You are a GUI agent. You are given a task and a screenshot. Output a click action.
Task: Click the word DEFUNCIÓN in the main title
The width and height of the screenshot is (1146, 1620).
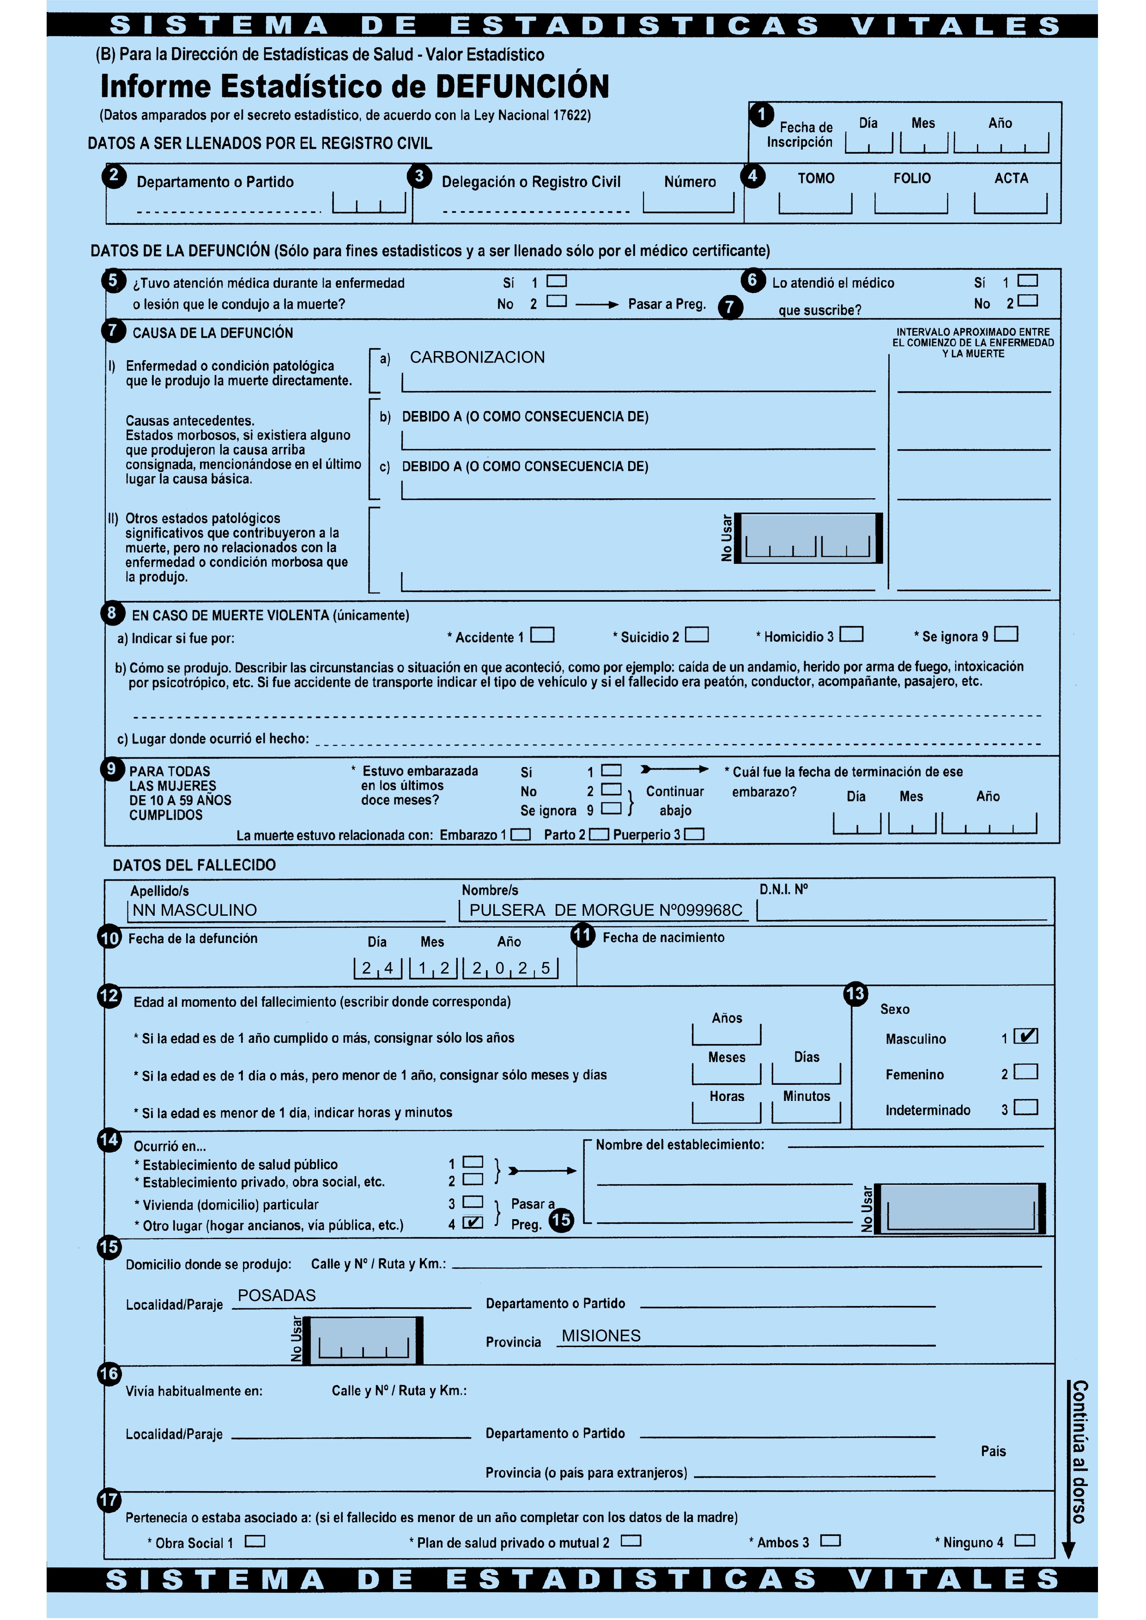tap(522, 87)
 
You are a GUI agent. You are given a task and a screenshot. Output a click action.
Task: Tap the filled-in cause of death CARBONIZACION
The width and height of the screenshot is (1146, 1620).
tap(477, 358)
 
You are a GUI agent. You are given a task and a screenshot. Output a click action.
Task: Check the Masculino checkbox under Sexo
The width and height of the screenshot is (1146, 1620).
tap(1025, 1036)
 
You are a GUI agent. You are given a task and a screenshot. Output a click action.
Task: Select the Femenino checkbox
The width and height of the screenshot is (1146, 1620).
tap(1025, 1072)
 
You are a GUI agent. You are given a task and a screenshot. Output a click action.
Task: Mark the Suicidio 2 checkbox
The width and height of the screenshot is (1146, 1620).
tap(697, 635)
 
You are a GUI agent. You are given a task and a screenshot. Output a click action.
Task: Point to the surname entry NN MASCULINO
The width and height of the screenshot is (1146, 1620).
tap(195, 910)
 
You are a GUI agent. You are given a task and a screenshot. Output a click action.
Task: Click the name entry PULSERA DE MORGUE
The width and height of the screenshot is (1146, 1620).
tap(606, 910)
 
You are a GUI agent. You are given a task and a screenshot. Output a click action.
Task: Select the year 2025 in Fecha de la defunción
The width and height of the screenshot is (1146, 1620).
tap(511, 968)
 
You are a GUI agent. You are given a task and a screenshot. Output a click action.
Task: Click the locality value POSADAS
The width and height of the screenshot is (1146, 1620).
tap(277, 1295)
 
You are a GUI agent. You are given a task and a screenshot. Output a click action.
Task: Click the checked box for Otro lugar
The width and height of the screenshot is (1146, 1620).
tap(473, 1223)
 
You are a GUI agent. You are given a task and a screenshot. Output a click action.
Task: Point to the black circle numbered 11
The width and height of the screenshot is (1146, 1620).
tap(582, 936)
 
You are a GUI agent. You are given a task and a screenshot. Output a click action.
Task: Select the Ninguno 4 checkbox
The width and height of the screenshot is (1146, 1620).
tap(1025, 1541)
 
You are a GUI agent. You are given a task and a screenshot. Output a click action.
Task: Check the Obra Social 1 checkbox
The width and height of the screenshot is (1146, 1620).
tap(255, 1541)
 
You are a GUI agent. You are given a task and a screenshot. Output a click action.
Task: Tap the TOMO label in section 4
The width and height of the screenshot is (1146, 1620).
tap(816, 179)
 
